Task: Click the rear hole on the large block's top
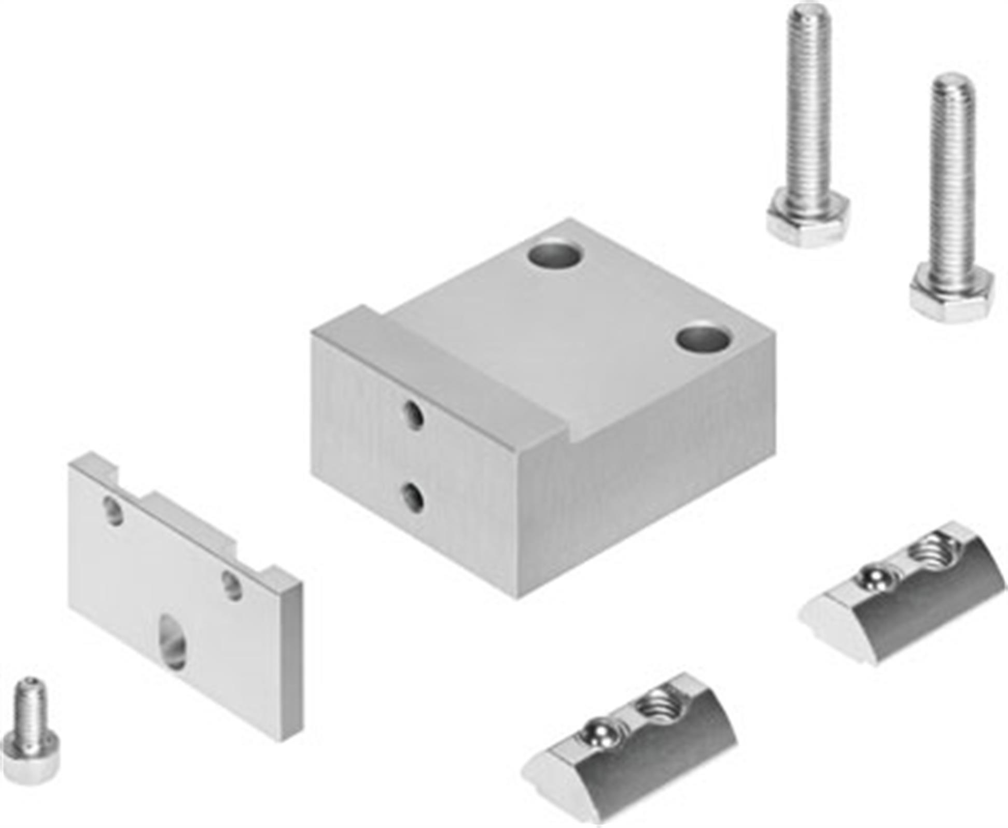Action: click(x=554, y=254)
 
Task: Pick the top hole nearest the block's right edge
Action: click(x=703, y=339)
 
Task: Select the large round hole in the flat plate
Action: click(x=173, y=641)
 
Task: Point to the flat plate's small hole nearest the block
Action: click(x=232, y=586)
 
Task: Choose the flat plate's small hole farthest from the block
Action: click(x=114, y=510)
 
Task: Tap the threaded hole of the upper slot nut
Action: click(x=931, y=550)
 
